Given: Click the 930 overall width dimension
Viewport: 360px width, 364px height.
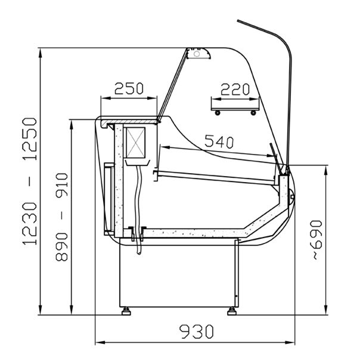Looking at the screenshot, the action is click(x=196, y=332).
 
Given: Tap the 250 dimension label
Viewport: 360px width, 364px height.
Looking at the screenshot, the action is click(x=129, y=88).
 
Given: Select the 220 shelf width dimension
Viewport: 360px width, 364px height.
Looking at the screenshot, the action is click(x=235, y=90).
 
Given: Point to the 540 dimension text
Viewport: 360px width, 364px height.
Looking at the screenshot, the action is click(x=219, y=141).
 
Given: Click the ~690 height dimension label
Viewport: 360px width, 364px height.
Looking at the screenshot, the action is click(x=316, y=240).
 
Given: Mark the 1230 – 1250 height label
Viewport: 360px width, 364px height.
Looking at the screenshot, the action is click(x=29, y=181).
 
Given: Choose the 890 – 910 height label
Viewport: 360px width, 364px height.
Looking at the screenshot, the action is click(x=61, y=217).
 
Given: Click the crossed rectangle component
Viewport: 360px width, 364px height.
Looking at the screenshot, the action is click(x=136, y=143).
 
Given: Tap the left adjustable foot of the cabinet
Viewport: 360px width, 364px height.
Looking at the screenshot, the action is click(x=126, y=311).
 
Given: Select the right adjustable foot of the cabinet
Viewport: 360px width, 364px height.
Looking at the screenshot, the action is click(x=232, y=311).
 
